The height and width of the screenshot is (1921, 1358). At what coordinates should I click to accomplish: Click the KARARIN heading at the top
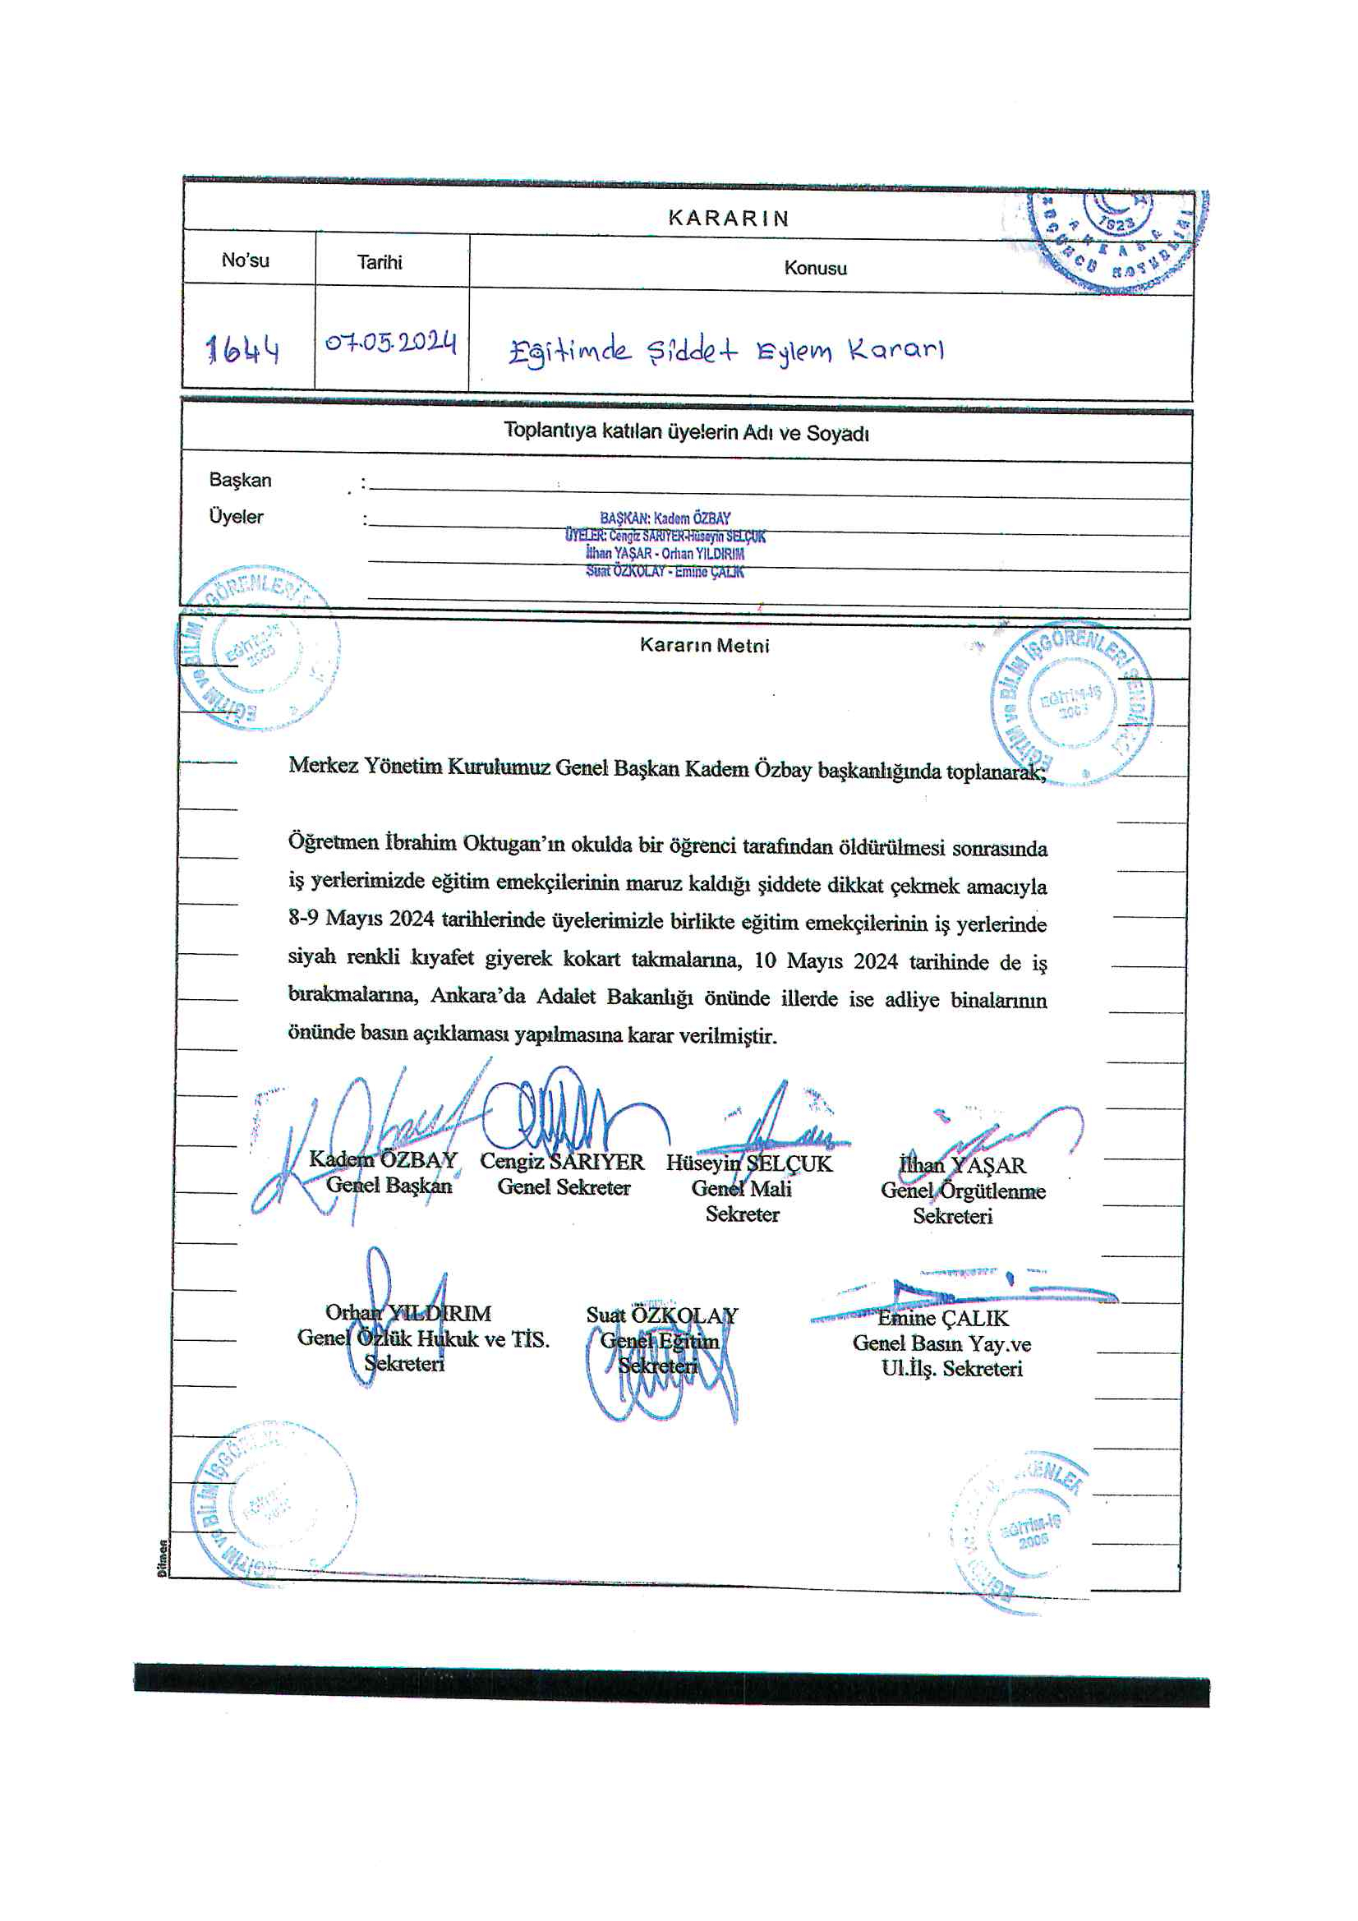click(x=728, y=219)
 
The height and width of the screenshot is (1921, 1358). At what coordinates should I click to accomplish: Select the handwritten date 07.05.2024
click(x=391, y=342)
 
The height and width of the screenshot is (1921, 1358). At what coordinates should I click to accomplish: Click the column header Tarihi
click(x=380, y=263)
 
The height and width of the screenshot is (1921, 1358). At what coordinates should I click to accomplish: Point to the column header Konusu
click(x=815, y=269)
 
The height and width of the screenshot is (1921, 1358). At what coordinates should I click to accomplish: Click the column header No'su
click(x=245, y=260)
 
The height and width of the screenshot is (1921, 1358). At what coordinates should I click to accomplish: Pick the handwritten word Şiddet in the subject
click(x=692, y=352)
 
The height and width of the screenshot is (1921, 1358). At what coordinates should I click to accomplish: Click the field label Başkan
click(x=240, y=480)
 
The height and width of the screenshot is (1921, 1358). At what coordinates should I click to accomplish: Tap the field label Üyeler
click(x=236, y=517)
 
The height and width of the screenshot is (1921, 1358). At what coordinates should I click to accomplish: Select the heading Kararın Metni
click(x=705, y=645)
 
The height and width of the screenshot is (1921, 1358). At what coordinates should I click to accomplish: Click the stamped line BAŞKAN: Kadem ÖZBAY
click(x=665, y=518)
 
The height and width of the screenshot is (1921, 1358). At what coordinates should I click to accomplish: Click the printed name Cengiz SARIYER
click(x=561, y=1162)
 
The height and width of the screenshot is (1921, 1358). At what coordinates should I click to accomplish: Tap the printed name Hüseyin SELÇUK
click(x=749, y=1163)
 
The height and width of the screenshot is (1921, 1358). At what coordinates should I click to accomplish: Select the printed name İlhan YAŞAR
click(x=961, y=1165)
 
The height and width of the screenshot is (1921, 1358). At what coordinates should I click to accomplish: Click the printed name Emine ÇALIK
click(x=943, y=1319)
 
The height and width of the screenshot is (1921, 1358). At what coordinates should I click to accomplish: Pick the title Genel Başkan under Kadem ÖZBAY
click(x=389, y=1186)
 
